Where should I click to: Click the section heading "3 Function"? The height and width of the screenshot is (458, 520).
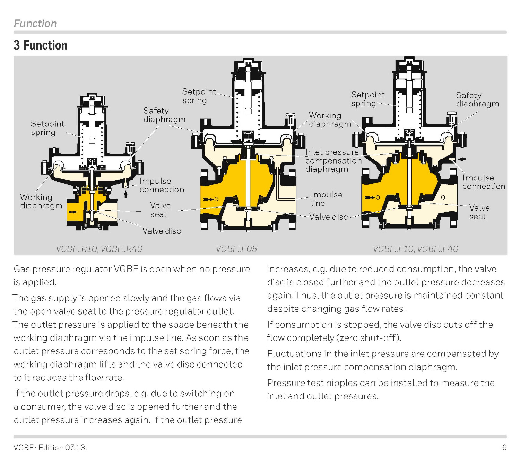pos(41,45)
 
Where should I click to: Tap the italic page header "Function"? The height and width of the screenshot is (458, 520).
pos(35,24)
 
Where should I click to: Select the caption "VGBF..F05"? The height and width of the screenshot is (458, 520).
pos(236,249)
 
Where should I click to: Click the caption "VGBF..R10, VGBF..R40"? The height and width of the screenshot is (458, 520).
pos(99,249)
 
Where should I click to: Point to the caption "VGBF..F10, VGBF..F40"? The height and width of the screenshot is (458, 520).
pos(415,249)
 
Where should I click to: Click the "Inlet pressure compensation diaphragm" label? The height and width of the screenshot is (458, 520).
pos(333,161)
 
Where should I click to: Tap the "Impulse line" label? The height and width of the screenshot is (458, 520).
pos(326,199)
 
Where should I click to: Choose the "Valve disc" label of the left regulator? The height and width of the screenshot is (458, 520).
pos(162,231)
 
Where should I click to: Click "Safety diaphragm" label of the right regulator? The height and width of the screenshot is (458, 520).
pos(477,99)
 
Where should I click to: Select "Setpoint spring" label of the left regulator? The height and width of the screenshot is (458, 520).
pos(47,128)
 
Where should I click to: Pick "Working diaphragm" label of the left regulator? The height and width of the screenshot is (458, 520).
pos(41,201)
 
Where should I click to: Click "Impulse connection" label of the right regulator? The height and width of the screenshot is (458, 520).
pos(484,182)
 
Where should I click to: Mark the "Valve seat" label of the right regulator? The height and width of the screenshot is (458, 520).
pos(479,212)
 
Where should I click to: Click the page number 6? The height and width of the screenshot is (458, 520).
pos(504,447)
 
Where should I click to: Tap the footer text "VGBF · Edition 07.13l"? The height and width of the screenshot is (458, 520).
pos(50,447)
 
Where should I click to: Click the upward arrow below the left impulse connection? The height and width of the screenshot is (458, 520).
pos(125,194)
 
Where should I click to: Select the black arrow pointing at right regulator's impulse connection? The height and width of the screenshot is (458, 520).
pos(462,159)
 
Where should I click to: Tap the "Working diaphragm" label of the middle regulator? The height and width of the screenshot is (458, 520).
pos(330,120)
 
